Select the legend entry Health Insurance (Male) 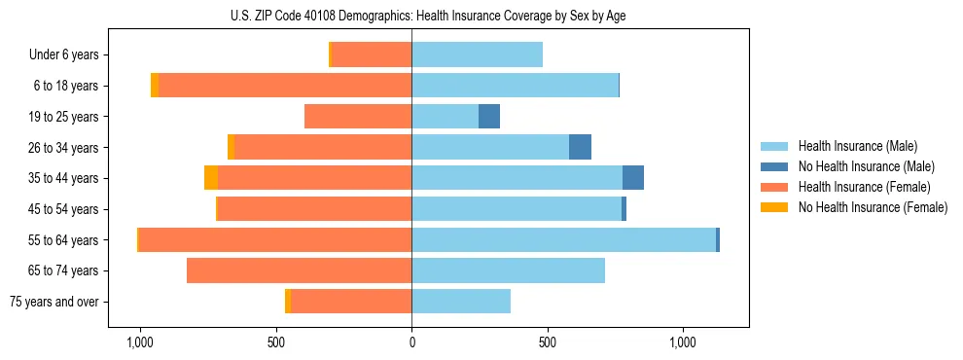click(857, 146)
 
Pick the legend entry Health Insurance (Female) click(864, 187)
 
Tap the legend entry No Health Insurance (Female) click(873, 207)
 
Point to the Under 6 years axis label click(64, 55)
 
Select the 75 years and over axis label click(54, 302)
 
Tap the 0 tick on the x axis click(411, 343)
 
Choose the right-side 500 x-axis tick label click(548, 343)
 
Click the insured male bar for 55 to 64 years click(563, 239)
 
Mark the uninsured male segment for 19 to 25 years click(489, 117)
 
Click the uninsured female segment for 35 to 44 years click(211, 178)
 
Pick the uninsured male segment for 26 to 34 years click(580, 147)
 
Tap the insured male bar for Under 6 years click(477, 55)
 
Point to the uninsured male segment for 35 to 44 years click(633, 178)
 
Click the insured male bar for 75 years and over click(461, 302)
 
